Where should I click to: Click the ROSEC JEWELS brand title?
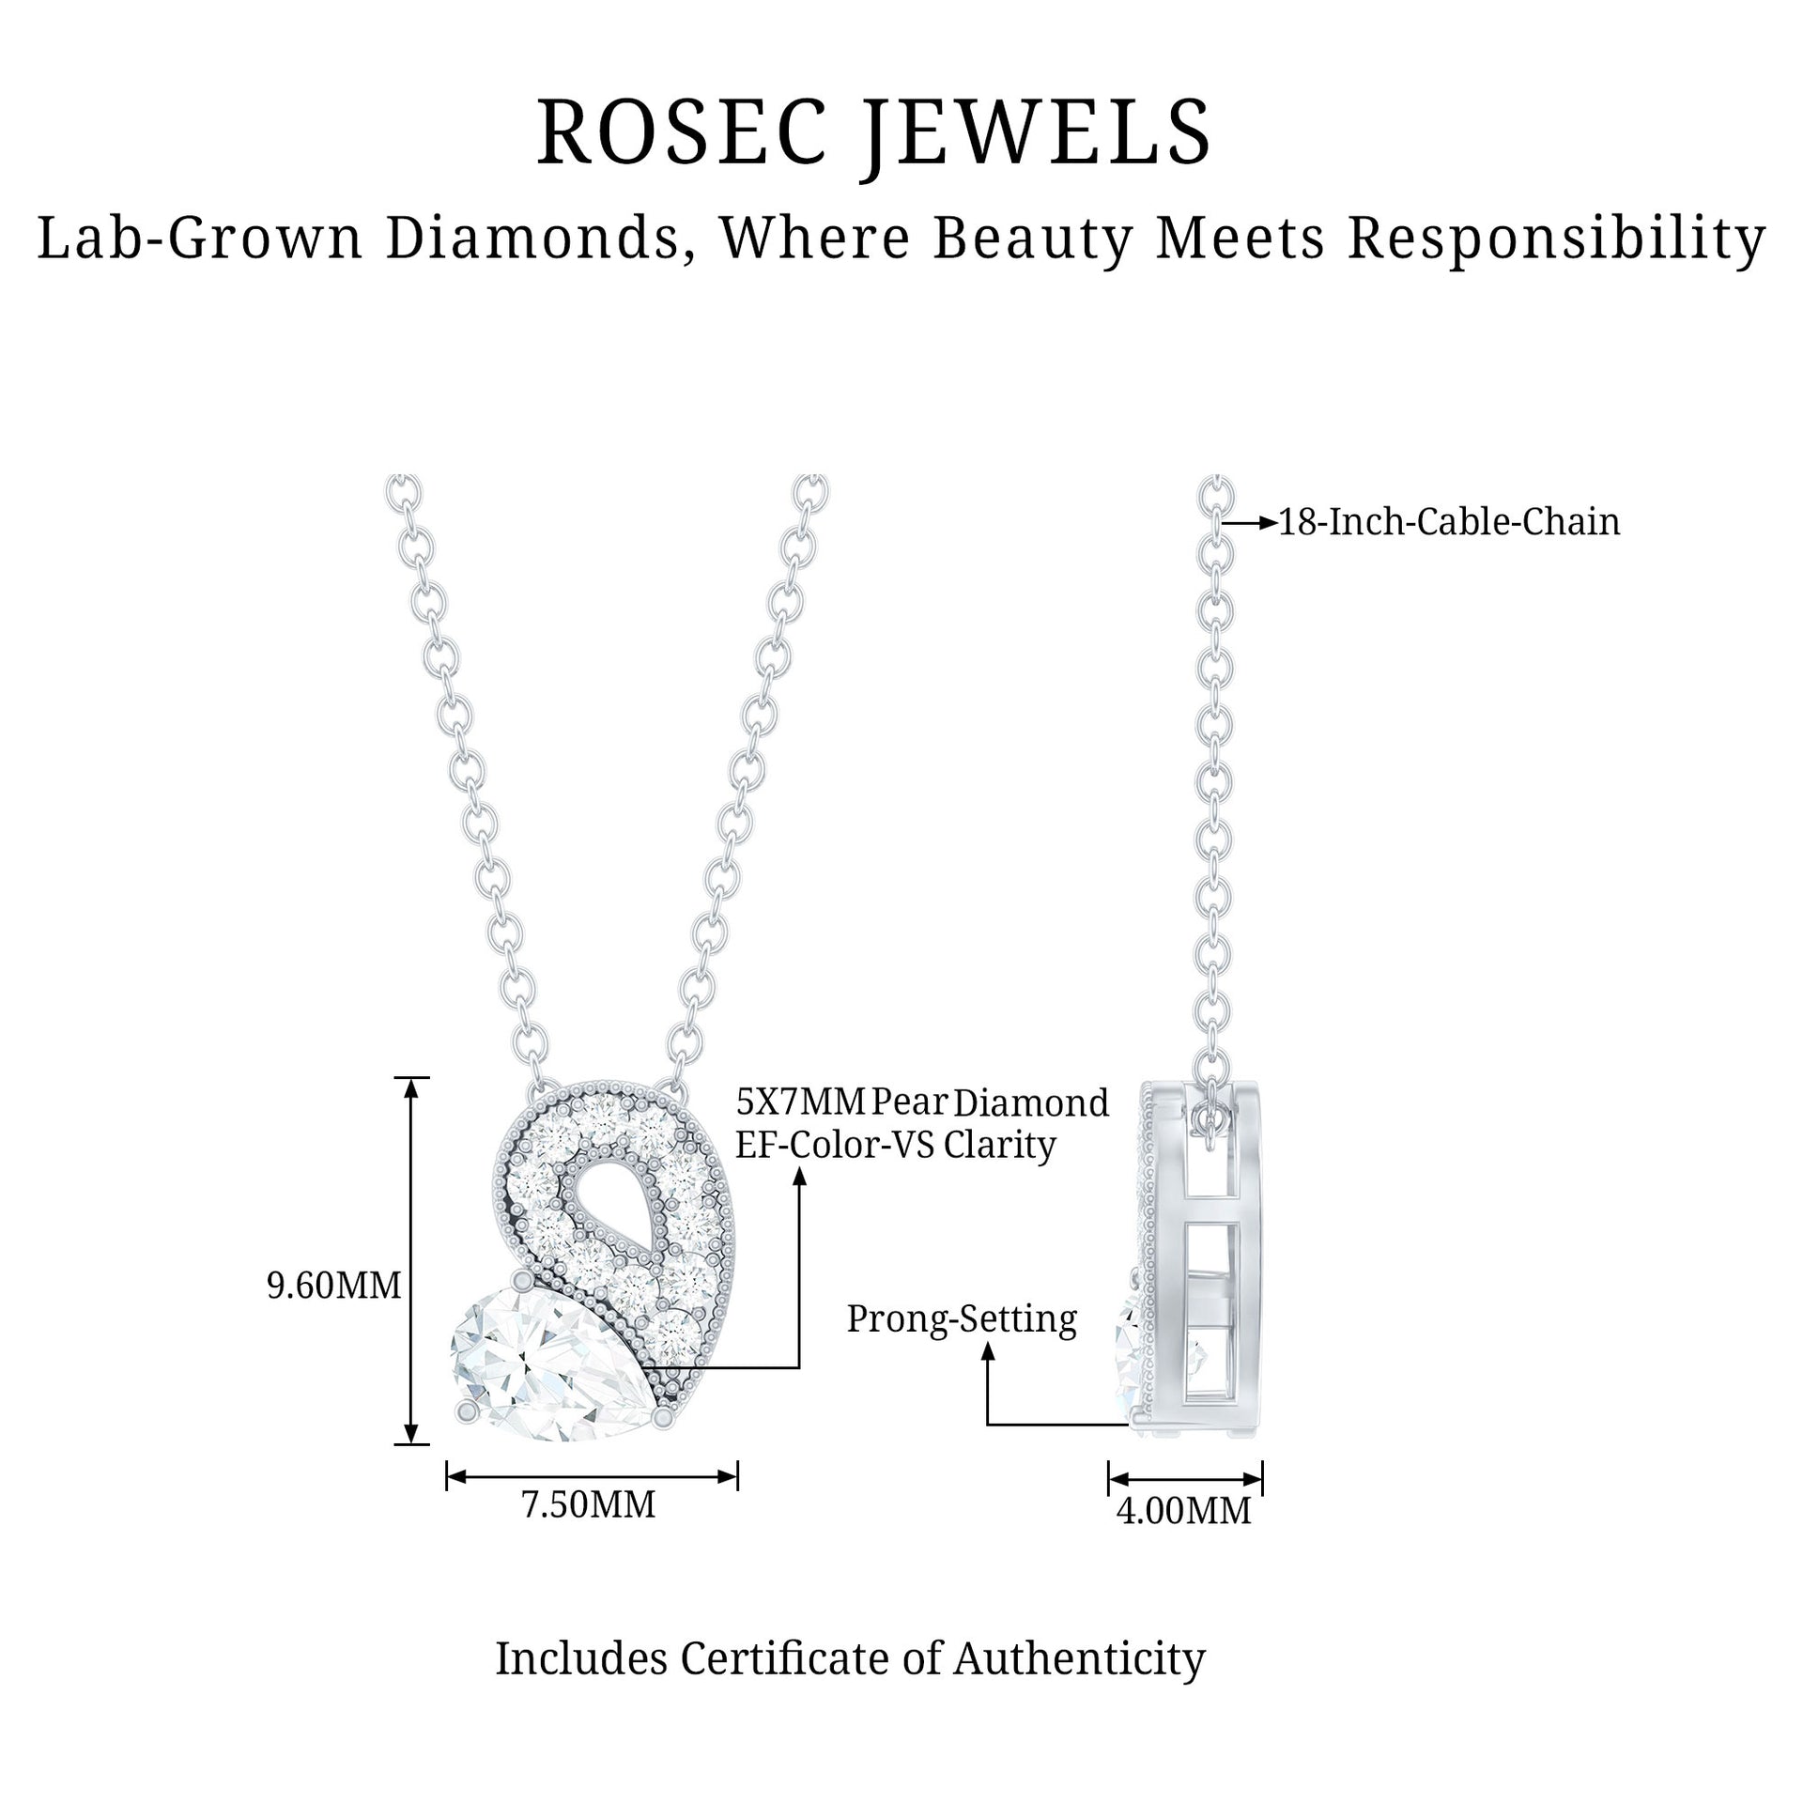point(873,133)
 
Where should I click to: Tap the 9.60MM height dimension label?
point(333,1285)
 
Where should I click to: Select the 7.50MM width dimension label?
point(588,1504)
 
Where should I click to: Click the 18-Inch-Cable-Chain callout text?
point(1449,522)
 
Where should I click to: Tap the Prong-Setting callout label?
point(962,1318)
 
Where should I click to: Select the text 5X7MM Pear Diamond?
point(921,1102)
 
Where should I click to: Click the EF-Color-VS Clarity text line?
point(895,1145)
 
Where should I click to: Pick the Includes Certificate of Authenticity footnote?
point(850,1658)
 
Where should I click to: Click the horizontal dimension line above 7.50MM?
point(592,1476)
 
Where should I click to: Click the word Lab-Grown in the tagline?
point(200,239)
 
